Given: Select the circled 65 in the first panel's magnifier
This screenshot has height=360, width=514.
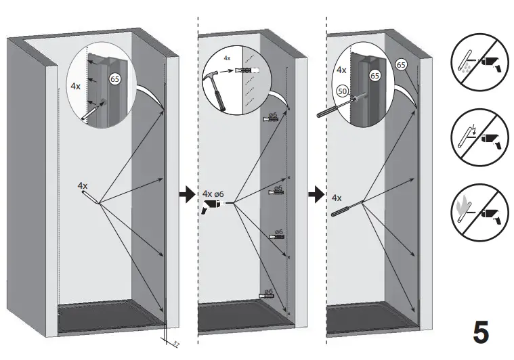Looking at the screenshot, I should pyautogui.click(x=115, y=80).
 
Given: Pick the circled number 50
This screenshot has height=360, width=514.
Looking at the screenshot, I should pyautogui.click(x=343, y=90).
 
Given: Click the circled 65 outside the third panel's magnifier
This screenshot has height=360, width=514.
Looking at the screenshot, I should pyautogui.click(x=401, y=65).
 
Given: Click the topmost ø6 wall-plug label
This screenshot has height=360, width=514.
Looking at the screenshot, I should pyautogui.click(x=274, y=116).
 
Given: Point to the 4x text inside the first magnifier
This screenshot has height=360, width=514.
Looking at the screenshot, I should pyautogui.click(x=76, y=87).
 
